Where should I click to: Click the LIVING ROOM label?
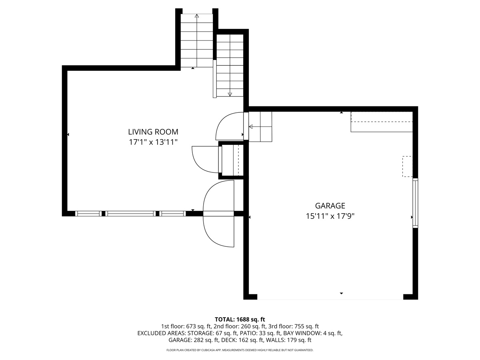click(x=153, y=132)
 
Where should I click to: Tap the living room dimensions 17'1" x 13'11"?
click(x=153, y=142)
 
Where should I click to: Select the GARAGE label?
click(x=330, y=206)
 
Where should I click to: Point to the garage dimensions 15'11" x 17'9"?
click(x=330, y=216)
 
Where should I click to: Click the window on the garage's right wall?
click(x=415, y=203)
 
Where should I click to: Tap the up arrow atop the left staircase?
click(x=196, y=16)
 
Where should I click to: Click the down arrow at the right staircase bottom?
click(x=230, y=94)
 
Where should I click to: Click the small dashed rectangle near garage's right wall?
click(x=407, y=166)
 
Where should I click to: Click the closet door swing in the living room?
click(x=205, y=159)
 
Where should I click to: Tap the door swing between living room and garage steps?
click(x=230, y=126)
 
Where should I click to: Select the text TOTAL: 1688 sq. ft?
click(x=240, y=319)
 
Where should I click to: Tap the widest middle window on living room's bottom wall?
click(x=131, y=214)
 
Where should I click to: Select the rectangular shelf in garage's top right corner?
click(x=382, y=122)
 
